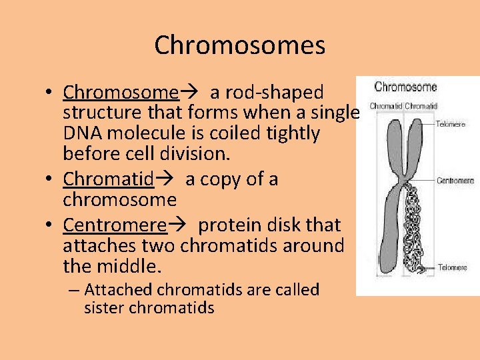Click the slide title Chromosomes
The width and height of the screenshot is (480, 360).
pyautogui.click(x=240, y=45)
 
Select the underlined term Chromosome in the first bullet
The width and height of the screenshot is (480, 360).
pyautogui.click(x=121, y=92)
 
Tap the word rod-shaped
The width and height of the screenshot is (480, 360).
pyautogui.click(x=267, y=92)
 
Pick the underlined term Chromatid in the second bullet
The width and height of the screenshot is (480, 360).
pyautogui.click(x=109, y=179)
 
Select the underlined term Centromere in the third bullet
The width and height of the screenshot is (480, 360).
pyautogui.click(x=115, y=225)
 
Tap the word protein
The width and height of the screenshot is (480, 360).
pyautogui.click(x=233, y=225)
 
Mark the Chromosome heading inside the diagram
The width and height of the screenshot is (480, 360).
pyautogui.click(x=405, y=87)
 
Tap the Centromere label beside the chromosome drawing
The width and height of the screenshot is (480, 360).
pyautogui.click(x=455, y=181)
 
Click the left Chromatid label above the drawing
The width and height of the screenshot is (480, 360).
pyautogui.click(x=385, y=106)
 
